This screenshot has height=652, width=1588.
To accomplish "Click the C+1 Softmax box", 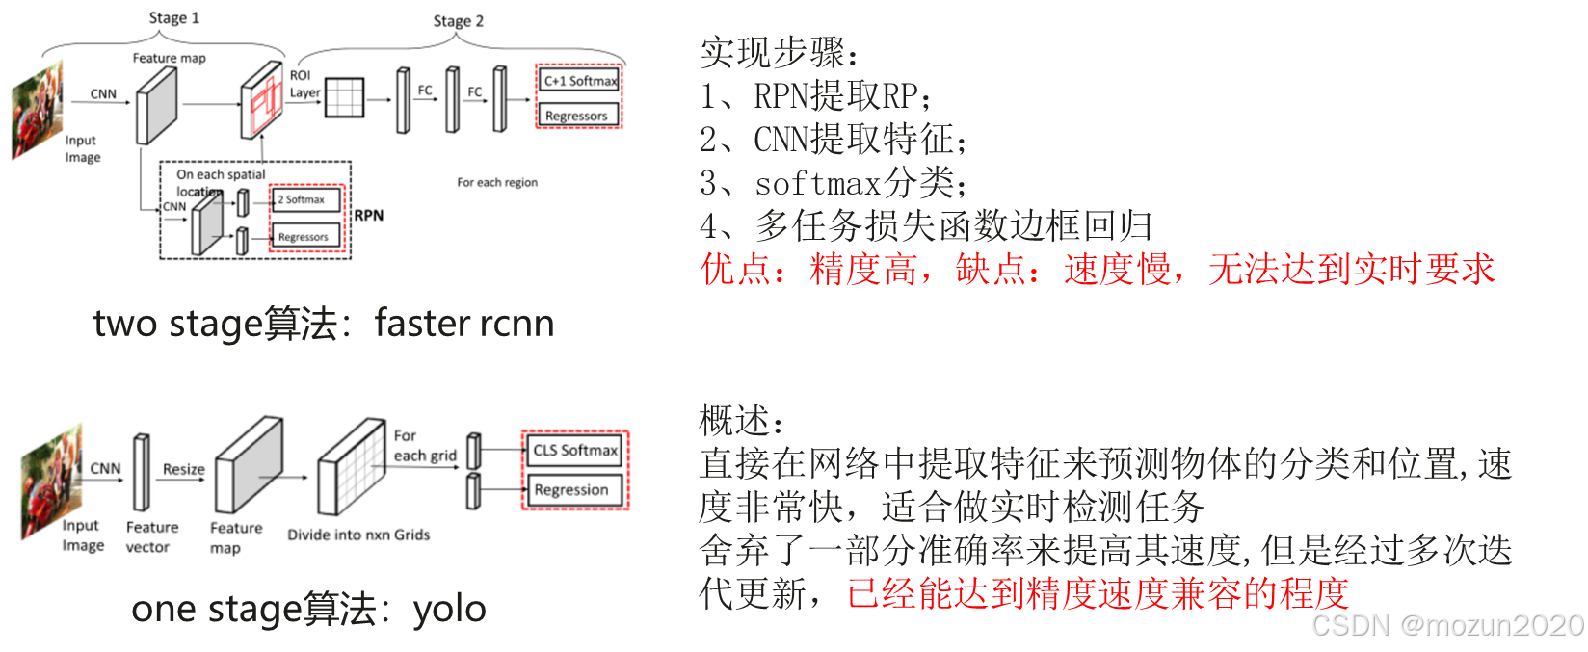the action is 579,81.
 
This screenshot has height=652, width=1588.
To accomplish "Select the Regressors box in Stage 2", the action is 576,116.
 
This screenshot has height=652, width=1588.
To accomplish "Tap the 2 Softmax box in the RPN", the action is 305,199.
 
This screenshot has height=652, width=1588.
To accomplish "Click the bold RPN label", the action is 368,215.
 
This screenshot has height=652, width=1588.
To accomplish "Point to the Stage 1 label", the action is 173,18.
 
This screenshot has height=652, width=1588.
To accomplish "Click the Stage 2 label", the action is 458,21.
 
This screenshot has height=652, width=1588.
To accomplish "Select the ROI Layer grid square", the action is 344,97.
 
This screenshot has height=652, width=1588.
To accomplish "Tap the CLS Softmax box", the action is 574,450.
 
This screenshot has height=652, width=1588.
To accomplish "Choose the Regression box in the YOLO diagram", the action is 571,489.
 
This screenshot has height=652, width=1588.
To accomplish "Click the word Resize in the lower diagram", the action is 183,469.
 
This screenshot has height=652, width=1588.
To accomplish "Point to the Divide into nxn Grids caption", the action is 358,535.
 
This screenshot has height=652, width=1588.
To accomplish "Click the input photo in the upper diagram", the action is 38,109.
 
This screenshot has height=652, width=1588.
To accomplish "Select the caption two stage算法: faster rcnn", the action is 324,324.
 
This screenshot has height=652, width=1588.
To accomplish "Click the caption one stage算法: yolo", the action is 308,609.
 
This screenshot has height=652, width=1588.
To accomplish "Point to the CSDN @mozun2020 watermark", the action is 1445,624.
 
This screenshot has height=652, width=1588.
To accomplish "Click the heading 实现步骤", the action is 779,53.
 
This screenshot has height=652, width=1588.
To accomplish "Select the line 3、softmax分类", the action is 834,183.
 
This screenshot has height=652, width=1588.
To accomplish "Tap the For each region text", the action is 497,182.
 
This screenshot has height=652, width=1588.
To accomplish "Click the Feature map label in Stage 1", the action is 169,58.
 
